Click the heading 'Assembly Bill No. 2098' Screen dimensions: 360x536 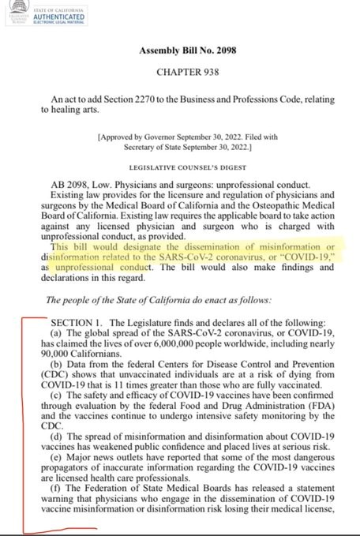point(187,51)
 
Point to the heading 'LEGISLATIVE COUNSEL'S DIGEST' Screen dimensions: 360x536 point(187,168)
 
